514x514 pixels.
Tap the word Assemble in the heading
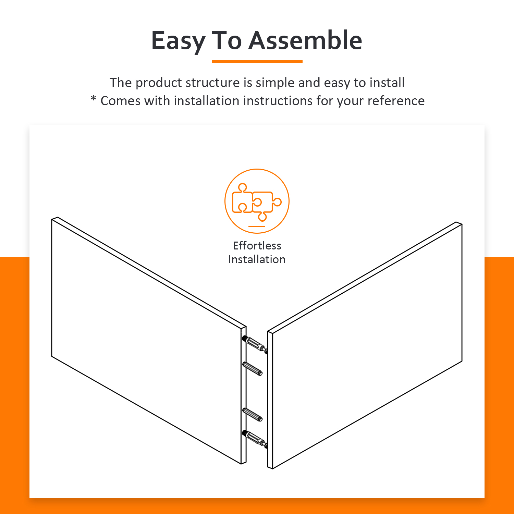[305, 40]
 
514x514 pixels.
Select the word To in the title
[227, 40]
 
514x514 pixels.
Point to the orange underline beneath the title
[257, 61]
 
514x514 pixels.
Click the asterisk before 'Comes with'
[93, 99]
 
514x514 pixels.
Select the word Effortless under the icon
[257, 245]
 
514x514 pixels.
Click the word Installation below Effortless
[257, 259]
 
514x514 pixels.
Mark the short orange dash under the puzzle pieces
[257, 227]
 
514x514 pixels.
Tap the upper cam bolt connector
[255, 345]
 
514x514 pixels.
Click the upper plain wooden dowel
[253, 368]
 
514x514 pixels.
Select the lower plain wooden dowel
[253, 415]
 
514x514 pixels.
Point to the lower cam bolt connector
[255, 440]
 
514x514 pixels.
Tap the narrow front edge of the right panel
[270, 400]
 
